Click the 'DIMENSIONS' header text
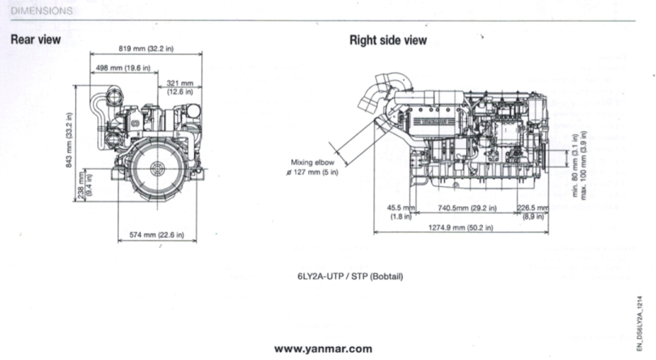click(x=41, y=11)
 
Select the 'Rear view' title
click(x=36, y=39)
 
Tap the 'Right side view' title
click(x=387, y=40)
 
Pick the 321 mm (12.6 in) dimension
click(x=180, y=87)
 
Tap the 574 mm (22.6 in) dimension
click(x=157, y=235)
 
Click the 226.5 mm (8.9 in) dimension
click(x=532, y=211)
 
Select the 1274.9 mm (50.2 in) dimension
click(x=460, y=228)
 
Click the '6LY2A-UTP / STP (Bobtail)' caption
click(x=349, y=277)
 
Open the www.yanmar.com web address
click(x=324, y=349)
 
